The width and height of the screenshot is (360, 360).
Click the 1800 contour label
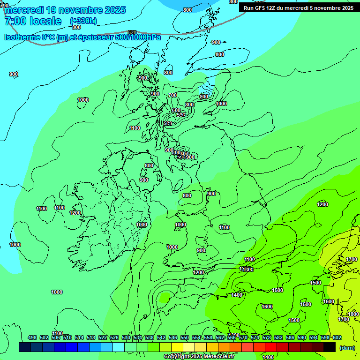click(x=353, y=314)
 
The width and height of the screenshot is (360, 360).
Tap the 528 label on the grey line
click(x=132, y=32)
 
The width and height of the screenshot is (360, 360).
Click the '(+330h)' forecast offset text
click(x=83, y=21)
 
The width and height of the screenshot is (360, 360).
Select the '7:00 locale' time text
click(x=33, y=21)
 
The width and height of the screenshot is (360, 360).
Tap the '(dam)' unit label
click(x=347, y=347)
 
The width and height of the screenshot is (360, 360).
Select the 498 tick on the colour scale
click(x=32, y=337)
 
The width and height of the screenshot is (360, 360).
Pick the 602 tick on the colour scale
click(x=337, y=337)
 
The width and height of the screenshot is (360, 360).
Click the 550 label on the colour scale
click(x=185, y=337)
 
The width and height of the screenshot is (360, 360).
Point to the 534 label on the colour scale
click(x=138, y=337)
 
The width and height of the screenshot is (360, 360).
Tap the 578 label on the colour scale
click(x=267, y=337)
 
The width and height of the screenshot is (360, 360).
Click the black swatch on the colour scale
click(x=330, y=347)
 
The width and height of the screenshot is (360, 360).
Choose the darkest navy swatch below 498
click(x=25, y=347)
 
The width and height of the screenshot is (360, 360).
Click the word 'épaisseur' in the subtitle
click(x=100, y=37)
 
